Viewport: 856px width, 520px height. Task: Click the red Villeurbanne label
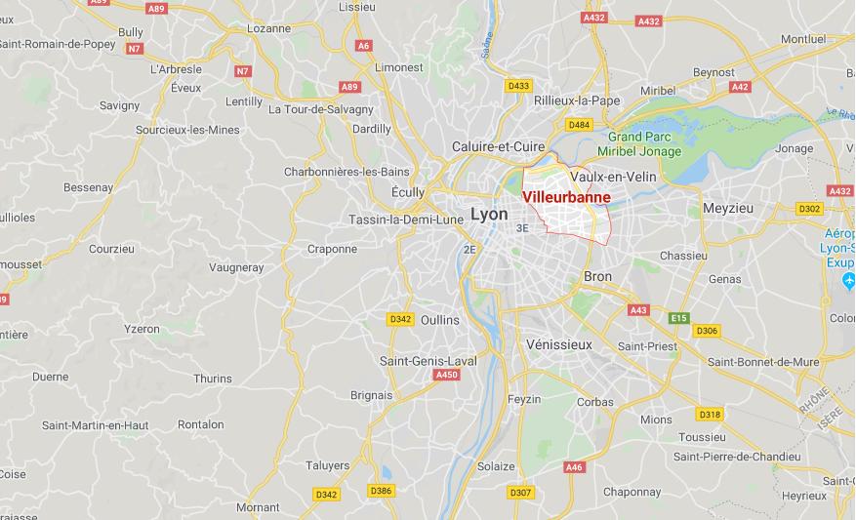pos(567,197)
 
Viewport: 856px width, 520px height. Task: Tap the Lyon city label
pos(488,214)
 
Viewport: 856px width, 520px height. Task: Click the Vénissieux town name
pos(558,344)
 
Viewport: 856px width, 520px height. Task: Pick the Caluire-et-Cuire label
pos(498,146)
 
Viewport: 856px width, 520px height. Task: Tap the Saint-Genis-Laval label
pos(428,361)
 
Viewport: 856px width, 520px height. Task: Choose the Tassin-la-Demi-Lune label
pos(406,220)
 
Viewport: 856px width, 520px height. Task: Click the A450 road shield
pos(447,375)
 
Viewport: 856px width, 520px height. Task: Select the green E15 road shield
pos(678,318)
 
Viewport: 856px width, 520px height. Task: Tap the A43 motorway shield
pos(638,310)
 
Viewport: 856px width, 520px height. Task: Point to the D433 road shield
pos(518,86)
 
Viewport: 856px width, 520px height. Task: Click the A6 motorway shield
pos(364,45)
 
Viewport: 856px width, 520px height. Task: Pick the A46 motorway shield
pos(574,468)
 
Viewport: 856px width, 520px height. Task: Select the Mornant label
pos(258,507)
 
